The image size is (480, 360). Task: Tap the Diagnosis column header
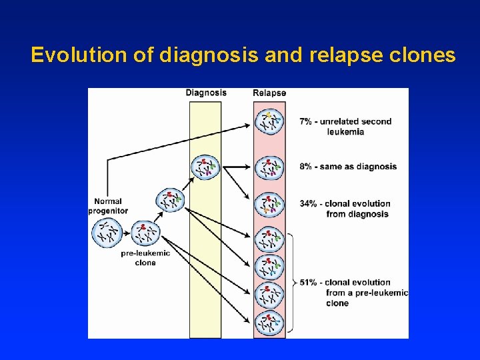click(205, 93)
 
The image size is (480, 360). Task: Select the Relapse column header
click(269, 93)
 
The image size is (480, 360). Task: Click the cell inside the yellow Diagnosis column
click(205, 167)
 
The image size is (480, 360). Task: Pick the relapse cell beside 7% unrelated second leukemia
click(269, 122)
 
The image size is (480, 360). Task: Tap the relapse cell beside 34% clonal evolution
click(269, 205)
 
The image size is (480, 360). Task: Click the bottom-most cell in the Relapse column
click(269, 323)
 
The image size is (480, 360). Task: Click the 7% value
click(307, 121)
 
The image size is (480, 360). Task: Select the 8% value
click(307, 167)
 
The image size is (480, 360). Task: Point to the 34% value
click(309, 203)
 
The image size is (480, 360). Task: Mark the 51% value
click(309, 282)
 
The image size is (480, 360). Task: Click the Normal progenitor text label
click(108, 206)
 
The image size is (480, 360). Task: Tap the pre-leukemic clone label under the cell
click(145, 258)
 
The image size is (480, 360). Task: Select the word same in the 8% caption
click(331, 167)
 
